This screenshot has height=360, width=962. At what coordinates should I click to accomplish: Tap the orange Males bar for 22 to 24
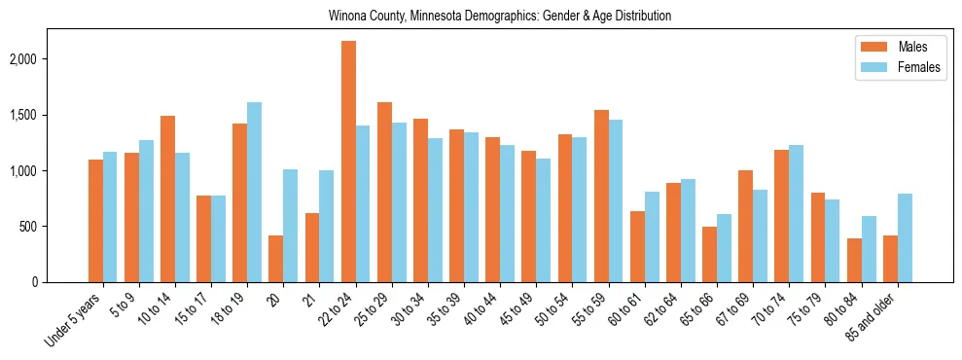point(348,162)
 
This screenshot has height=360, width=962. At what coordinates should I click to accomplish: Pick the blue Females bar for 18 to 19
point(255,192)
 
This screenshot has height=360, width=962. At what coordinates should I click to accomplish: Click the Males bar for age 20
point(276,259)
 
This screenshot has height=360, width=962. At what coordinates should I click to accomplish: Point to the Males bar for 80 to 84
point(854,260)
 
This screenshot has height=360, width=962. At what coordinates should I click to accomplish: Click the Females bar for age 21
point(327,226)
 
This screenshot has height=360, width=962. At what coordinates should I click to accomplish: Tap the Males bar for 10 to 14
point(168,198)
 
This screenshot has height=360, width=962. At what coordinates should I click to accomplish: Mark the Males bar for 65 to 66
point(710,254)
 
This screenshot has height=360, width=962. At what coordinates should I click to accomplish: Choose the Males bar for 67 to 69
point(746,226)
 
